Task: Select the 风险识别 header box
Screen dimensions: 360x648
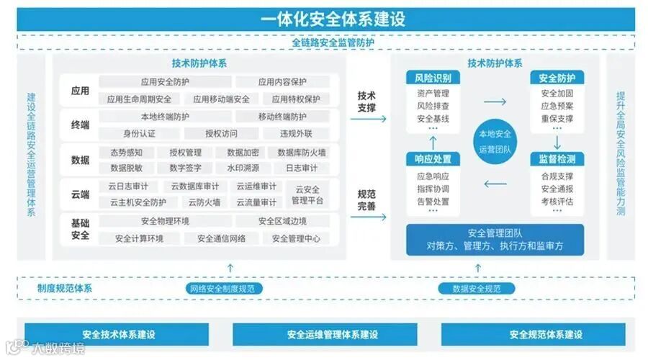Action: point(433,78)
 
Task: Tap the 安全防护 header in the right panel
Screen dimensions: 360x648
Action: point(557,78)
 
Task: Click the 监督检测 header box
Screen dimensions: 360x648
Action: point(557,159)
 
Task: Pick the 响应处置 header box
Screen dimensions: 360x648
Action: point(433,159)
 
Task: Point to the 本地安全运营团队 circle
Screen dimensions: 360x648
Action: point(495,141)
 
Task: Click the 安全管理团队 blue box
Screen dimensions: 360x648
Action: point(495,240)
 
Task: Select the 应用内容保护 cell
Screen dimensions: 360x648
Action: point(282,82)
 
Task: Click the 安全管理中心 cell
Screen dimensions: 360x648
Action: point(296,238)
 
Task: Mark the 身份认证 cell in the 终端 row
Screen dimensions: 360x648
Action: point(140,133)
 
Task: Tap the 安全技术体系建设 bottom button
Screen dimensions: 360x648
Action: point(119,334)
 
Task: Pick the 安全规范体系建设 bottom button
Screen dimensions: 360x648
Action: point(546,334)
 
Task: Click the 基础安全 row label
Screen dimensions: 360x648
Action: point(80,229)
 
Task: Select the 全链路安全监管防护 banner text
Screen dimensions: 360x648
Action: point(333,42)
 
